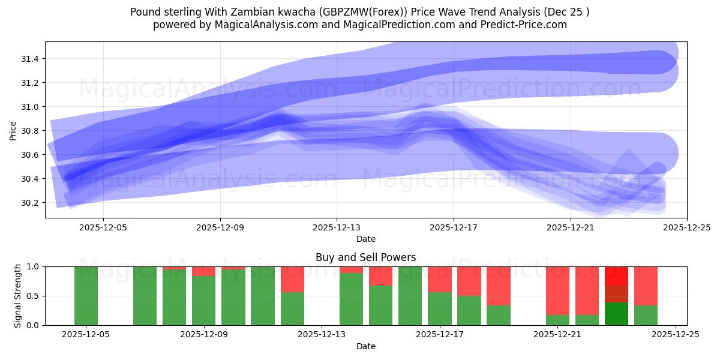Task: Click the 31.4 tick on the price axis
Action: pyautogui.click(x=29, y=59)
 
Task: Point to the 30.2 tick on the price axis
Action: pyautogui.click(x=29, y=203)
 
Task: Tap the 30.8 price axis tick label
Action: pyautogui.click(x=29, y=131)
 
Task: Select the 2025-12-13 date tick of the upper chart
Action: pyautogui.click(x=337, y=227)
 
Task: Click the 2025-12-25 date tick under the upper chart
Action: pyautogui.click(x=687, y=227)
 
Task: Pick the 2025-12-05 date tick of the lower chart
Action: pyautogui.click(x=86, y=335)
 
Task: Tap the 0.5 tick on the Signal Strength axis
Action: pyautogui.click(x=34, y=296)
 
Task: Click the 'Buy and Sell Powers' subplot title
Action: pyautogui.click(x=366, y=257)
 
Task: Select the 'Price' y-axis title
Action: pyautogui.click(x=14, y=130)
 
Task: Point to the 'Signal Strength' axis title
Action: pyautogui.click(x=18, y=296)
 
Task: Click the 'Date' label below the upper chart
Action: pyautogui.click(x=366, y=239)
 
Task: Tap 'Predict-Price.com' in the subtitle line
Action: pyautogui.click(x=515, y=25)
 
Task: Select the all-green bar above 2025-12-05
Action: pyautogui.click(x=86, y=296)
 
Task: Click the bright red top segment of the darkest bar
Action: pyautogui.click(x=616, y=275)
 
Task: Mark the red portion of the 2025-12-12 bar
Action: pyautogui.click(x=293, y=279)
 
